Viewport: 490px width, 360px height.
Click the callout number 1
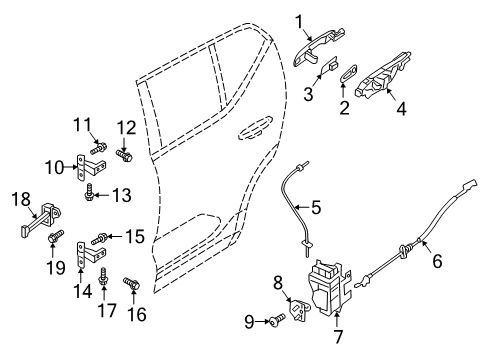tap(298, 21)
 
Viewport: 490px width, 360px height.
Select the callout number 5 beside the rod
tap(315, 208)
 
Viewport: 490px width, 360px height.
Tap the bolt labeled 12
tap(125, 157)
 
